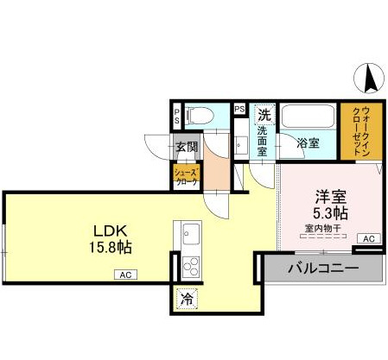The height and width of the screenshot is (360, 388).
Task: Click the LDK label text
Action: click(x=111, y=231)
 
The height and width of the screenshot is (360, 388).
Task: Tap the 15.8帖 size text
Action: click(x=111, y=247)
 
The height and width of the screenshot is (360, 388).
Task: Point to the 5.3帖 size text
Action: click(x=329, y=212)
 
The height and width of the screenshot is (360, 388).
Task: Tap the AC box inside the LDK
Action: click(x=124, y=275)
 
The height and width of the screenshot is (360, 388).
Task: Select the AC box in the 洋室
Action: click(x=367, y=238)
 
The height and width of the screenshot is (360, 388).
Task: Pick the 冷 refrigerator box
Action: click(x=186, y=299)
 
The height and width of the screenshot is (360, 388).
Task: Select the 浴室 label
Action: click(x=308, y=142)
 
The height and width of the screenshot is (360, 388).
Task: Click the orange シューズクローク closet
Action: click(x=187, y=177)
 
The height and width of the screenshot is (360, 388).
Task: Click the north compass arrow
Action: click(x=372, y=79)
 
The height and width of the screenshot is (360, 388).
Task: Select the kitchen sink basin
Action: click(x=189, y=233)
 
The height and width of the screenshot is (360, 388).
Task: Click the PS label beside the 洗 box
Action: click(x=239, y=110)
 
